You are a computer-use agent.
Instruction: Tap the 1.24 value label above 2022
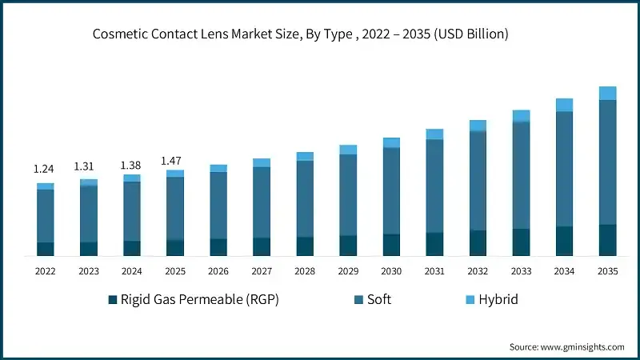(x=45, y=170)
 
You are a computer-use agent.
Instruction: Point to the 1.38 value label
(x=131, y=165)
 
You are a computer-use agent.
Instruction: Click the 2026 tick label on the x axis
(x=218, y=271)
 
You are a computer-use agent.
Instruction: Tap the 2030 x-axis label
(x=391, y=271)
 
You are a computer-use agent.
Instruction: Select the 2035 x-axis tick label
(x=607, y=271)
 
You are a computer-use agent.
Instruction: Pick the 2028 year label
(x=305, y=271)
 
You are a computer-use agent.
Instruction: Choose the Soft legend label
(x=378, y=300)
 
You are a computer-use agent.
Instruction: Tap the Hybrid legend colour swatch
(x=471, y=300)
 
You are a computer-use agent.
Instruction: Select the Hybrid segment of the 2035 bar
(x=607, y=93)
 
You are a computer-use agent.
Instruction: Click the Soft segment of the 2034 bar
(x=564, y=168)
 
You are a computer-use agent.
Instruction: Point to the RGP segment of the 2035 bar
(x=607, y=240)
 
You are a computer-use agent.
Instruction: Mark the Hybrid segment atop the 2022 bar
(x=46, y=186)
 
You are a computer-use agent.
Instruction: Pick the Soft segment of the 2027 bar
(x=262, y=202)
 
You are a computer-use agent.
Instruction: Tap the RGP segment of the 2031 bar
(x=434, y=244)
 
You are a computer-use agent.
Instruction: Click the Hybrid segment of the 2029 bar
(x=348, y=150)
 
